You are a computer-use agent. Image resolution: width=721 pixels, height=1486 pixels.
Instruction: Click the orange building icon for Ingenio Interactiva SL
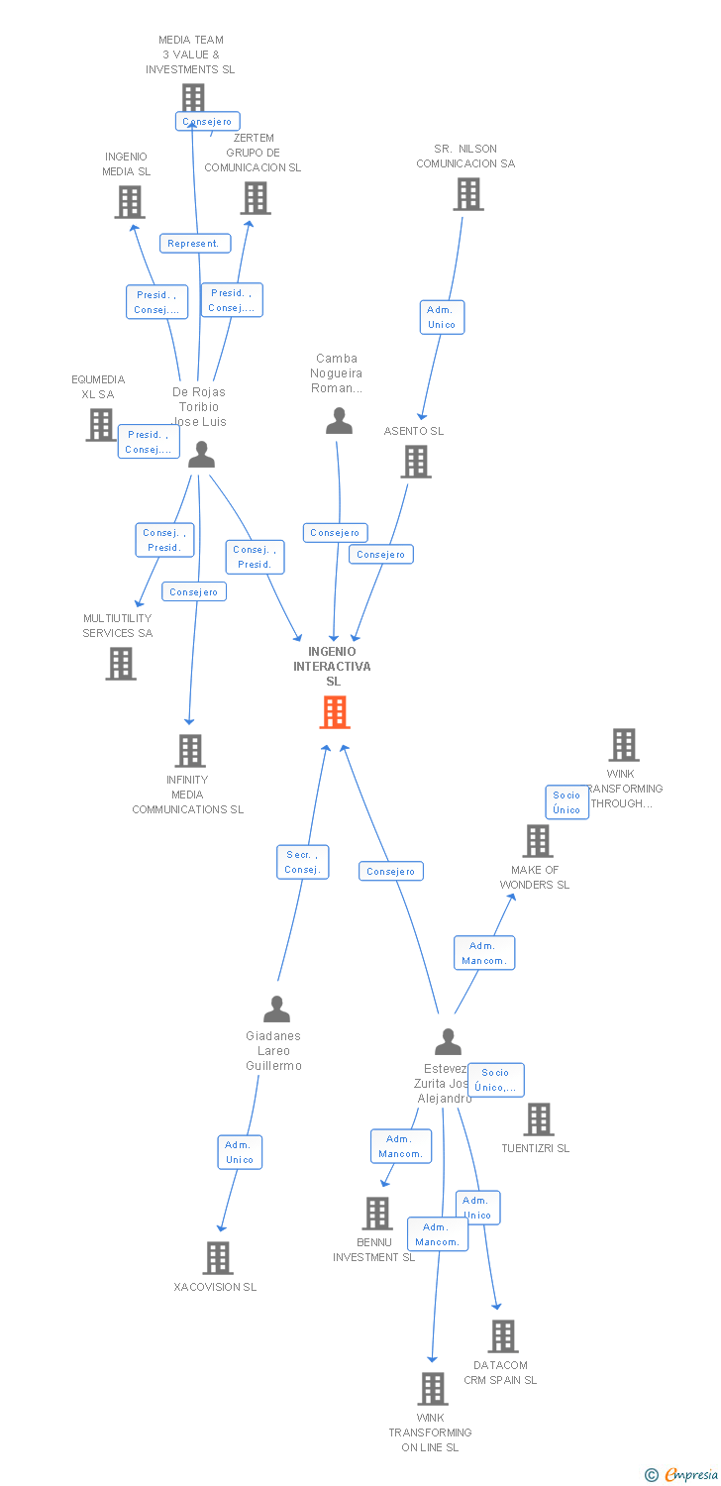[x=335, y=712]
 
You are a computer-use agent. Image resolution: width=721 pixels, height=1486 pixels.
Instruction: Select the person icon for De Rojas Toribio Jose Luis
[x=201, y=455]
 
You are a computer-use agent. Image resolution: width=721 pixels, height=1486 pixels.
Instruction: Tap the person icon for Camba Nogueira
[x=339, y=423]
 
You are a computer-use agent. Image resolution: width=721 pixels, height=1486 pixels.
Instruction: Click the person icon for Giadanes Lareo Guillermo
[x=276, y=1009]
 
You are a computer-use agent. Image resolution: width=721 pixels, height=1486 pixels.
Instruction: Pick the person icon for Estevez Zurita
[x=448, y=1042]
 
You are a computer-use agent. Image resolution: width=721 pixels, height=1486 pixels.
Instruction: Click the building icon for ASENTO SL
[x=416, y=462]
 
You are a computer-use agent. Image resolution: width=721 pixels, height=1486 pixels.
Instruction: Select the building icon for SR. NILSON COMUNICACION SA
[x=468, y=194]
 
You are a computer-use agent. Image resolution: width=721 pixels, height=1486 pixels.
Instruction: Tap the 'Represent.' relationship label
[x=195, y=244]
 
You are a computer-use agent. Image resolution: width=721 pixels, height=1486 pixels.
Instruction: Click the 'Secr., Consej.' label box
[x=302, y=862]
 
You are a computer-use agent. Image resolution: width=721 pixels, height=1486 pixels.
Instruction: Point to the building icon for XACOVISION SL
[x=218, y=1258]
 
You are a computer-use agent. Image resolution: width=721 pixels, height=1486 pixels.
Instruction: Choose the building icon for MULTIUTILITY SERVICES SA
[x=121, y=664]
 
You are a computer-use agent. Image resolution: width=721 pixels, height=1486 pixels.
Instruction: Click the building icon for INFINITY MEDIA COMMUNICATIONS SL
[x=190, y=751]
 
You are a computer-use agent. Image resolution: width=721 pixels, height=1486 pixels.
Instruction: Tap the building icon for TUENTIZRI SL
[x=538, y=1119]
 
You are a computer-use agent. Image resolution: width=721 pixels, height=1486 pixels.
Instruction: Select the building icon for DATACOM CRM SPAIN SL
[x=502, y=1336]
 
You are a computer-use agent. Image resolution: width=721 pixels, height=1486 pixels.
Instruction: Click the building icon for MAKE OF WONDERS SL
[x=538, y=841]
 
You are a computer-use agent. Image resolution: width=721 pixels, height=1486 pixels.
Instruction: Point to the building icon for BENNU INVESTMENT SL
[x=376, y=1214]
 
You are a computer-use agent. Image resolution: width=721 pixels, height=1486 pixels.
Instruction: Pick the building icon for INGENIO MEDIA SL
[x=130, y=202]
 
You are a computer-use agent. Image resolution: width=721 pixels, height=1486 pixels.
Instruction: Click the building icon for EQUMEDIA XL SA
[x=101, y=425]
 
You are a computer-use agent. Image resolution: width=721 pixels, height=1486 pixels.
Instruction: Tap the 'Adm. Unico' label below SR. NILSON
[x=442, y=317]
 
